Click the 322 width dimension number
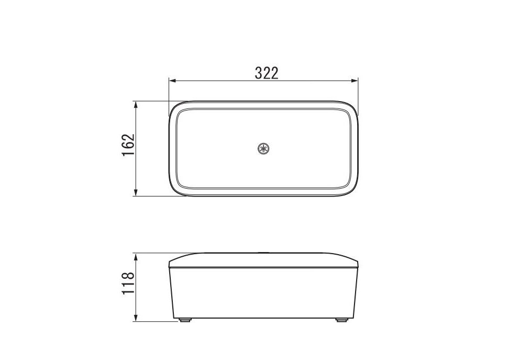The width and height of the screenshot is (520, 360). point(266,73)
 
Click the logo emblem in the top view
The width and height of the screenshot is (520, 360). point(263,149)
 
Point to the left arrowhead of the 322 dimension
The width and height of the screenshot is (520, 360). point(171,80)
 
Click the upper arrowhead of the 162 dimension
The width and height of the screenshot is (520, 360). point(137,104)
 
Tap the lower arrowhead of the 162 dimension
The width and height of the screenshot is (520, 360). point(137,193)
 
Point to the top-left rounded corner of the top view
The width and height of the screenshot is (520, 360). point(173,106)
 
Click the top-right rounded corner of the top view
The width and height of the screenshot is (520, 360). point(354,106)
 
